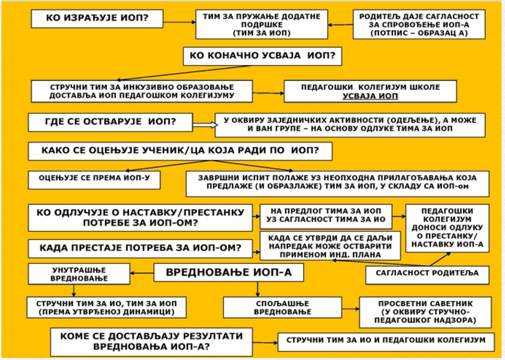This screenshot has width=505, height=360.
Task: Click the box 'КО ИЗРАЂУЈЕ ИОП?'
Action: click(97, 19)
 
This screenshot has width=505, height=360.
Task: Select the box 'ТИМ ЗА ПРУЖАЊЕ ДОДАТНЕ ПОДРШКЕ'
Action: click(261, 24)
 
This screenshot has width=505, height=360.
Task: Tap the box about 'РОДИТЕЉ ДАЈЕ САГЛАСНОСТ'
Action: click(419, 24)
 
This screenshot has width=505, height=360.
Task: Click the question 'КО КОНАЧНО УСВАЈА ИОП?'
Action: click(262, 56)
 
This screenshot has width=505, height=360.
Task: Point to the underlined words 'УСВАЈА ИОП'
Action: click(370, 96)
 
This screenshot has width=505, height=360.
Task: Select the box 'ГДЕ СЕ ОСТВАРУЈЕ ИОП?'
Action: click(110, 122)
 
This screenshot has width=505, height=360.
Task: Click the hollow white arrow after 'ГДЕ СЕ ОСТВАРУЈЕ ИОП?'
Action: click(205, 124)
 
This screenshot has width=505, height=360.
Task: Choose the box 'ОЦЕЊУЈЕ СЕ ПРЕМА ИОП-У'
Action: click(94, 180)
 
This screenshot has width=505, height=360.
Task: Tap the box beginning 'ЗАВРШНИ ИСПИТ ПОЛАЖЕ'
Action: click(337, 184)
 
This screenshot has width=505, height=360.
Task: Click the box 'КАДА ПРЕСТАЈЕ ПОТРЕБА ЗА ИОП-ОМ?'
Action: click(140, 248)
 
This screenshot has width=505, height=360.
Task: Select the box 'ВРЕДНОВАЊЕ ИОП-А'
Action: click(228, 272)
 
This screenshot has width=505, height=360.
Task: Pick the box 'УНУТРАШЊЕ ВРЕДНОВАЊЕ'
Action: click(79, 274)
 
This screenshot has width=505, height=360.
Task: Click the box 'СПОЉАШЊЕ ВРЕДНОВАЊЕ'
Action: click(283, 307)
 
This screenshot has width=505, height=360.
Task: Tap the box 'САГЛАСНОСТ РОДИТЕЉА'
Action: click(427, 275)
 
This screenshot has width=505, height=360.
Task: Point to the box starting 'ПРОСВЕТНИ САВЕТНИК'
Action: click(425, 312)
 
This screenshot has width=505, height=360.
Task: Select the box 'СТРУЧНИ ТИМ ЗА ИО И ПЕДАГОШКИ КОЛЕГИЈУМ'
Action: click(386, 342)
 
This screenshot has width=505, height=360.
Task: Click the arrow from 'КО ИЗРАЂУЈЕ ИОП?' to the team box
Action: click(179, 22)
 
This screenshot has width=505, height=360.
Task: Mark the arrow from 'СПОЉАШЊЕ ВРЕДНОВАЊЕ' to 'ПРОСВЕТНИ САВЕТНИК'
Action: click(351, 309)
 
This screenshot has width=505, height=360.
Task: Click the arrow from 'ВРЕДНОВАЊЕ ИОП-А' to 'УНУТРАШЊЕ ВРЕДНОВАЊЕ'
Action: click(142, 273)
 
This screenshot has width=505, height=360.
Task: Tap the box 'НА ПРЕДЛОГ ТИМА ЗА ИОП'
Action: click(326, 216)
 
